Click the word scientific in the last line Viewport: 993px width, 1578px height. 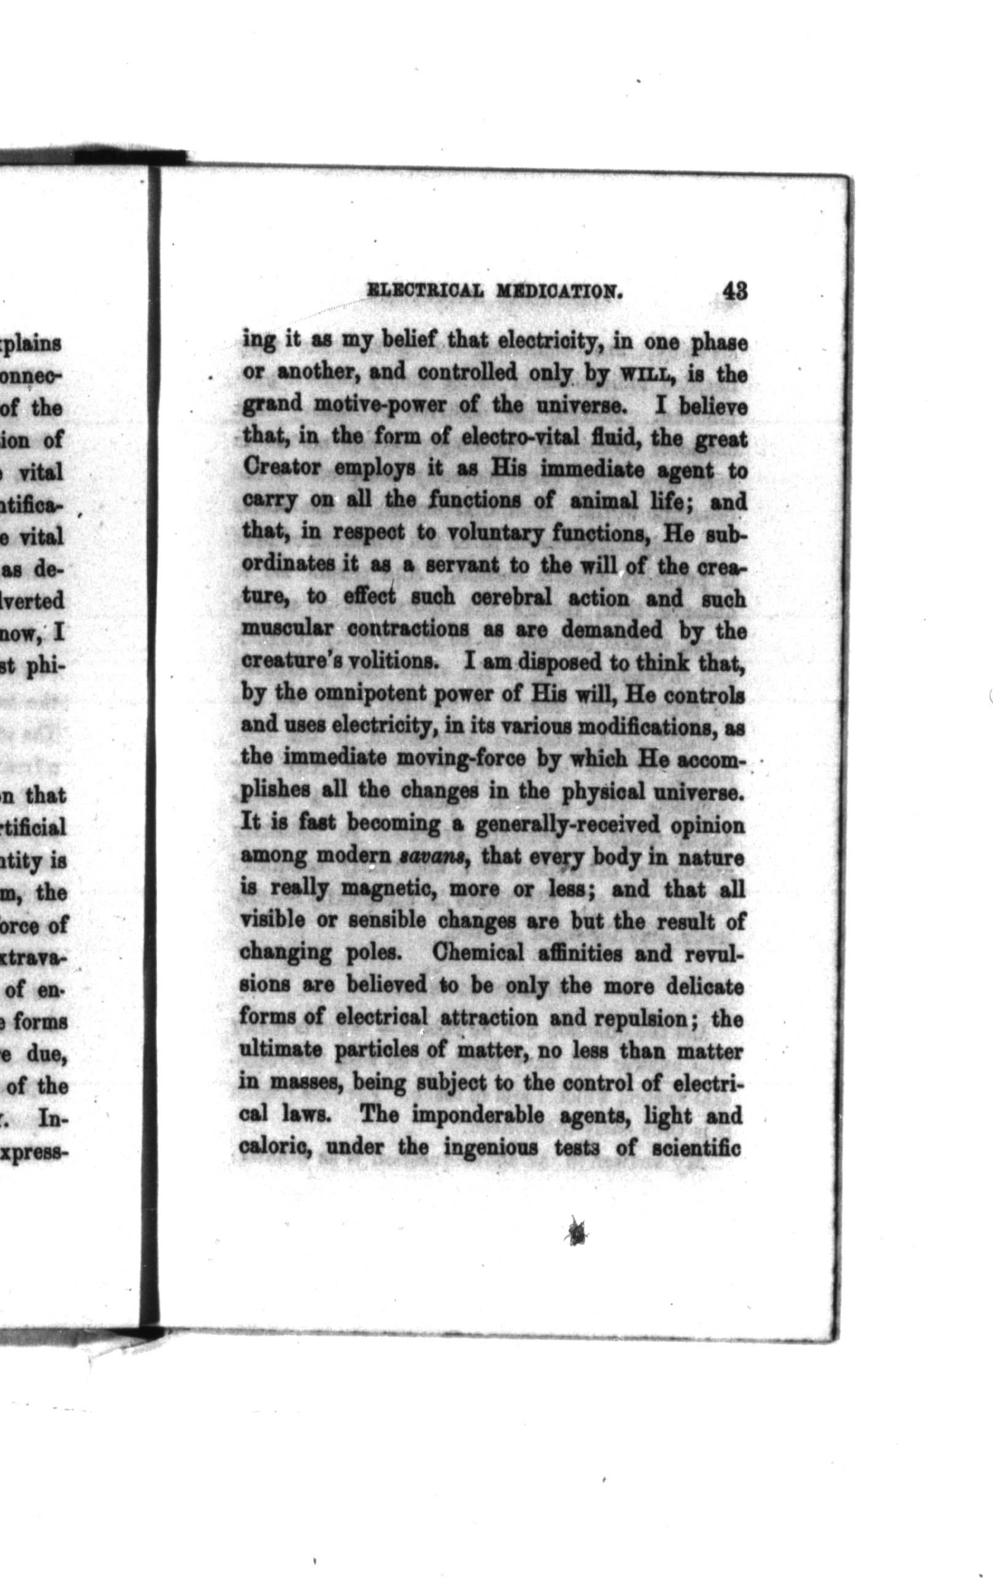coord(697,1147)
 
